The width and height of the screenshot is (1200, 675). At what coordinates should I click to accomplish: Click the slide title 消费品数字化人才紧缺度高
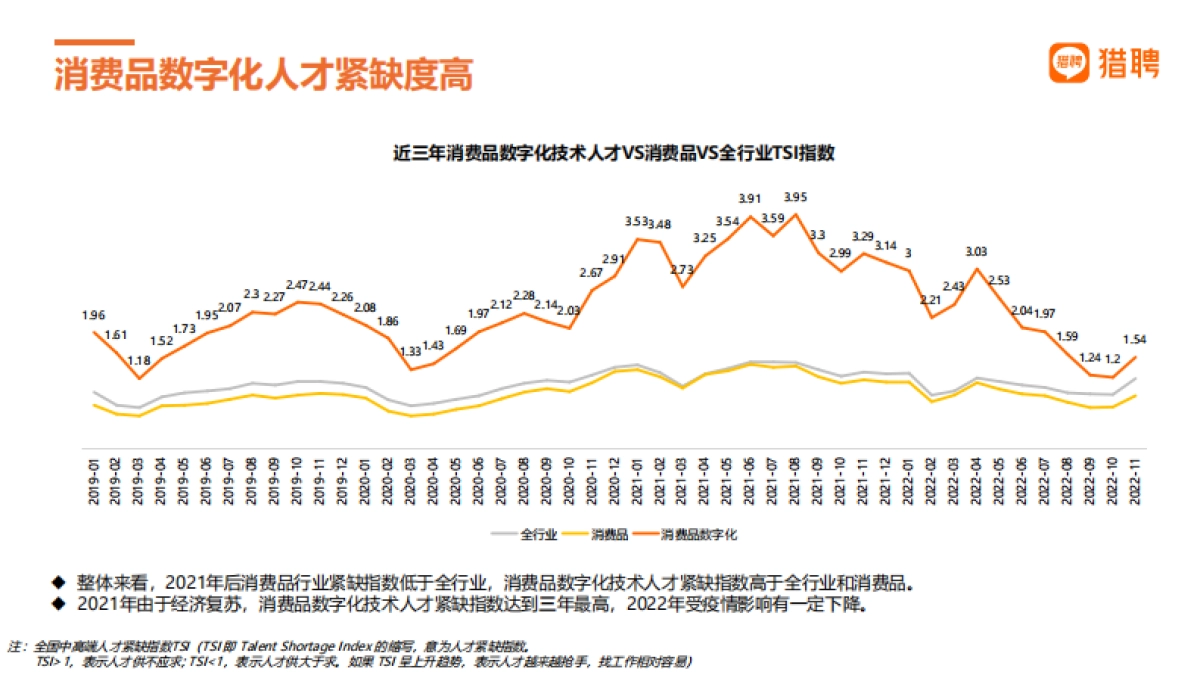263,76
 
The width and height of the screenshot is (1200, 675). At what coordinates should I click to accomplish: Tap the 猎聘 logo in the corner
1104,64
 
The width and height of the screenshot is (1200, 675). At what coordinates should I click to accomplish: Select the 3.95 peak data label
795,197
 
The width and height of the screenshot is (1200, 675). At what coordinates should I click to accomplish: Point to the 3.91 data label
750,199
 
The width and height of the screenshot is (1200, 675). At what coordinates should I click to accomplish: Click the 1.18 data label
138,360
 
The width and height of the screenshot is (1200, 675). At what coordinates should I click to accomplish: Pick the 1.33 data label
411,352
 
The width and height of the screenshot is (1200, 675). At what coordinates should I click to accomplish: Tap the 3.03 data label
976,251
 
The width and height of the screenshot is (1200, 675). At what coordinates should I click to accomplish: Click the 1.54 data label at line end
1134,339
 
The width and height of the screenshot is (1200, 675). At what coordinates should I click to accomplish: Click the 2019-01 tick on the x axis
94,478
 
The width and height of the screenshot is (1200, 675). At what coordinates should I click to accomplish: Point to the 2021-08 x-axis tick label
795,478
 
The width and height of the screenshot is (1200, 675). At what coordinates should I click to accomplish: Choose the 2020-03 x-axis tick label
411,478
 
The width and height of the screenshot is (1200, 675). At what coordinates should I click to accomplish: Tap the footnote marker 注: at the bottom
15,646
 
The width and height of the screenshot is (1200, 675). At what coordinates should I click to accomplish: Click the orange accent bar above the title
94,42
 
